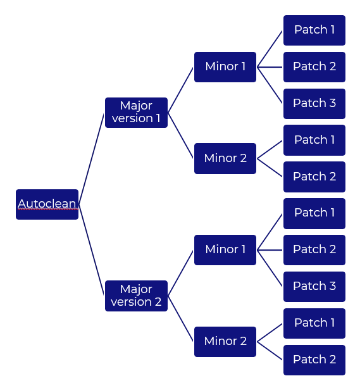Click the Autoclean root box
pyautogui.click(x=47, y=204)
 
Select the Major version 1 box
pyautogui.click(x=136, y=112)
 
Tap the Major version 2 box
pyautogui.click(x=136, y=296)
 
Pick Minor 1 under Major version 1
pyautogui.click(x=225, y=66)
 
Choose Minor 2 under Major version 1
pyautogui.click(x=225, y=158)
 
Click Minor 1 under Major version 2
pyautogui.click(x=225, y=249)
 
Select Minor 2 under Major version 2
pyautogui.click(x=225, y=341)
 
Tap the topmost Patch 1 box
pyautogui.click(x=314, y=30)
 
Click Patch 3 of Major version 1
pyautogui.click(x=314, y=103)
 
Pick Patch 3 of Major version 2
pyautogui.click(x=314, y=286)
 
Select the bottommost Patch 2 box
pyautogui.click(x=314, y=360)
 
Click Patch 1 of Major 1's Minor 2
pyautogui.click(x=314, y=140)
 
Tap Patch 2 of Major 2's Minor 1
pyautogui.click(x=314, y=249)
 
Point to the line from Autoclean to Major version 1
pyautogui.click(x=91, y=158)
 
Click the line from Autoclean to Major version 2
pyautogui.click(x=91, y=250)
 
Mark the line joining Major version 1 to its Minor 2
pyautogui.click(x=180, y=135)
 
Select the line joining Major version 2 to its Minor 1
pyautogui.click(x=180, y=273)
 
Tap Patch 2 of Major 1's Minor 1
pyautogui.click(x=314, y=66)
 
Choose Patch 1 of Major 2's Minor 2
pyautogui.click(x=314, y=323)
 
